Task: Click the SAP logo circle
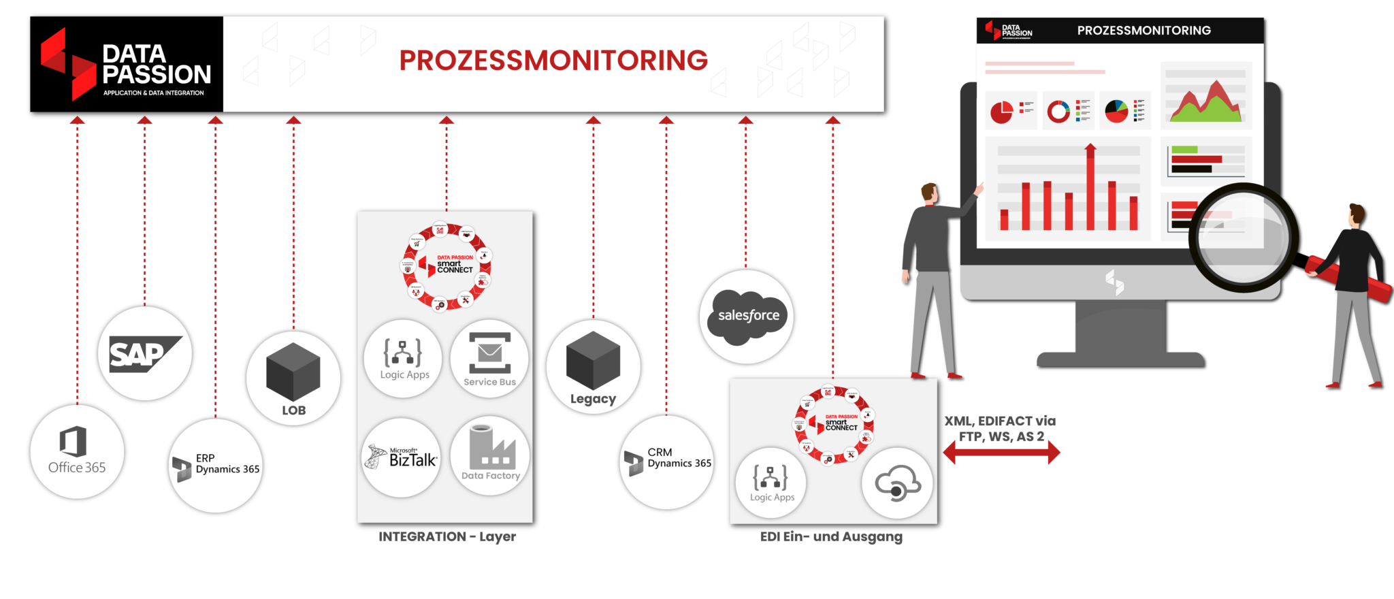pos(144,354)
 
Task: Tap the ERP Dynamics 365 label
pos(227,464)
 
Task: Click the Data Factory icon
pos(490,449)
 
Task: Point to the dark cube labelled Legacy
pos(593,360)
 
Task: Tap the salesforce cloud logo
pos(747,317)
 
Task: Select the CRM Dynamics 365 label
pos(678,458)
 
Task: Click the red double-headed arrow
pos(1001,452)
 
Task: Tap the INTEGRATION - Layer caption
pos(447,537)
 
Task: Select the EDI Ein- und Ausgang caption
pos(831,537)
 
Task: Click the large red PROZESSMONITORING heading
pos(553,61)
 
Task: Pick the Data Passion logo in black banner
pos(125,64)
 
